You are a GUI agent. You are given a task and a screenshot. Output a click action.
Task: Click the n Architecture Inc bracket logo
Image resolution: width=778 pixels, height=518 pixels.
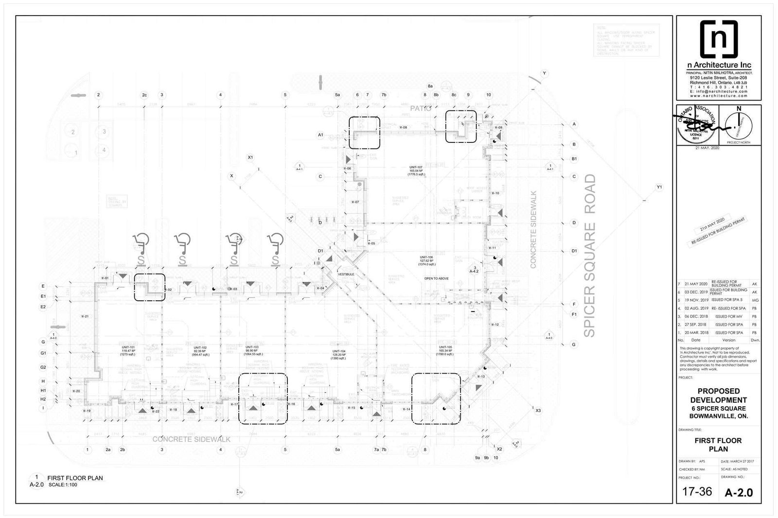(719, 39)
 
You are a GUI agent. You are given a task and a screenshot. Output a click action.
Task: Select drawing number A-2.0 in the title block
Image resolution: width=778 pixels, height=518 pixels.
(739, 492)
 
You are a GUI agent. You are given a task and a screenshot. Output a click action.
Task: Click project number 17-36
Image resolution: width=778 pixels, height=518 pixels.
(697, 492)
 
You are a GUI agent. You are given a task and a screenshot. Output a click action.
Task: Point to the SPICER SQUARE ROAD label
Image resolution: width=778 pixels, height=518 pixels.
(590, 256)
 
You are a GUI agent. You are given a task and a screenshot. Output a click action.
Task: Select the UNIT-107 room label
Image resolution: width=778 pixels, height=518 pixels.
(417, 167)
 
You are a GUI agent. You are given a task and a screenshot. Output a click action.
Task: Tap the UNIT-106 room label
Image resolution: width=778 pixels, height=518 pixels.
(427, 257)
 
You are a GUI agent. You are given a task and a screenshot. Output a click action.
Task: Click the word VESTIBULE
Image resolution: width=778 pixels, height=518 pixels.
(346, 275)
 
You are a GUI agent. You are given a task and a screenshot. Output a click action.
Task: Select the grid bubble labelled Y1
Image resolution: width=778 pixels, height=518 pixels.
(659, 187)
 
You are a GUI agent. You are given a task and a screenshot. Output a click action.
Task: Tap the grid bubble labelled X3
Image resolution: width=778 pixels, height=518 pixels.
(538, 411)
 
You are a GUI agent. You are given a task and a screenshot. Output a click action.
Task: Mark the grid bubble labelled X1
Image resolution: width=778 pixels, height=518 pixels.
(250, 157)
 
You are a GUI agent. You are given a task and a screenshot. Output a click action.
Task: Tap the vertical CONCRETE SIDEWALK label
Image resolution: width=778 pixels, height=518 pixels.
(533, 230)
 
